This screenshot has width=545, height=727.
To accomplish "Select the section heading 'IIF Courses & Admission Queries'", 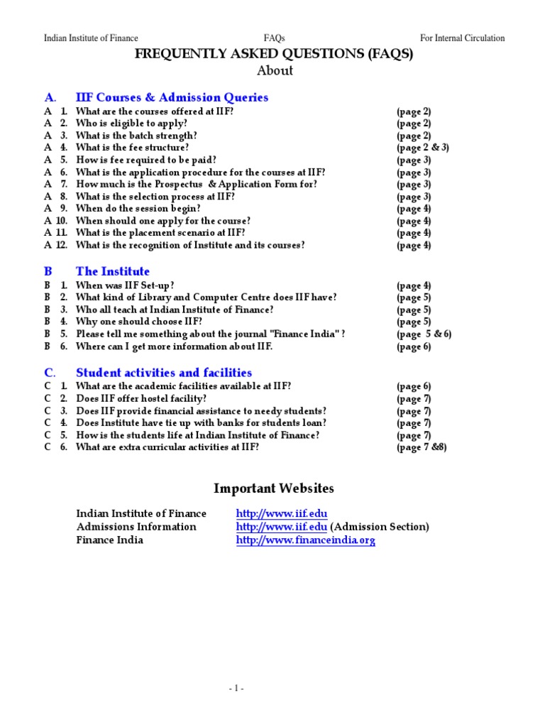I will pos(172,97).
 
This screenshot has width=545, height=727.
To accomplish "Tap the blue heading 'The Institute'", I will pos(113,271).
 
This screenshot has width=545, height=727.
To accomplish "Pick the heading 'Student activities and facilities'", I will pos(164,373).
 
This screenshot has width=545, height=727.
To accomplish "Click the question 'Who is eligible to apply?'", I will pos(131,124).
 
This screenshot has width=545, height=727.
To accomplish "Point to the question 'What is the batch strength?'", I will pos(136,136).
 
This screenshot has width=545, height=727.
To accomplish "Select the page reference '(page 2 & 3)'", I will pos(422,148).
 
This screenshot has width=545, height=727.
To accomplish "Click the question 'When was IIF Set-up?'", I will pos(125,285).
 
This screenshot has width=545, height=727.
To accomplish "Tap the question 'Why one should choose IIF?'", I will pos(134,322).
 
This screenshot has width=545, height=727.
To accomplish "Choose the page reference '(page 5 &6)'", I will pos(424,334).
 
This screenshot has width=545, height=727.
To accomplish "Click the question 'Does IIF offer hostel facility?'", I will pos(141,399).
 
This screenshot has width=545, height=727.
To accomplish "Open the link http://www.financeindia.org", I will pos(305,540).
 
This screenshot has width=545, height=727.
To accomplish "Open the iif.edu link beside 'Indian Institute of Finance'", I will pos(282,513).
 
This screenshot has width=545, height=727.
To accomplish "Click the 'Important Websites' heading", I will pos(274,488).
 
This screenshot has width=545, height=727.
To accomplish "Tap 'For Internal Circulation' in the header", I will pos(462,38).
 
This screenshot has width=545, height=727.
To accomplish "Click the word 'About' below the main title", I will pos(274,71).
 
